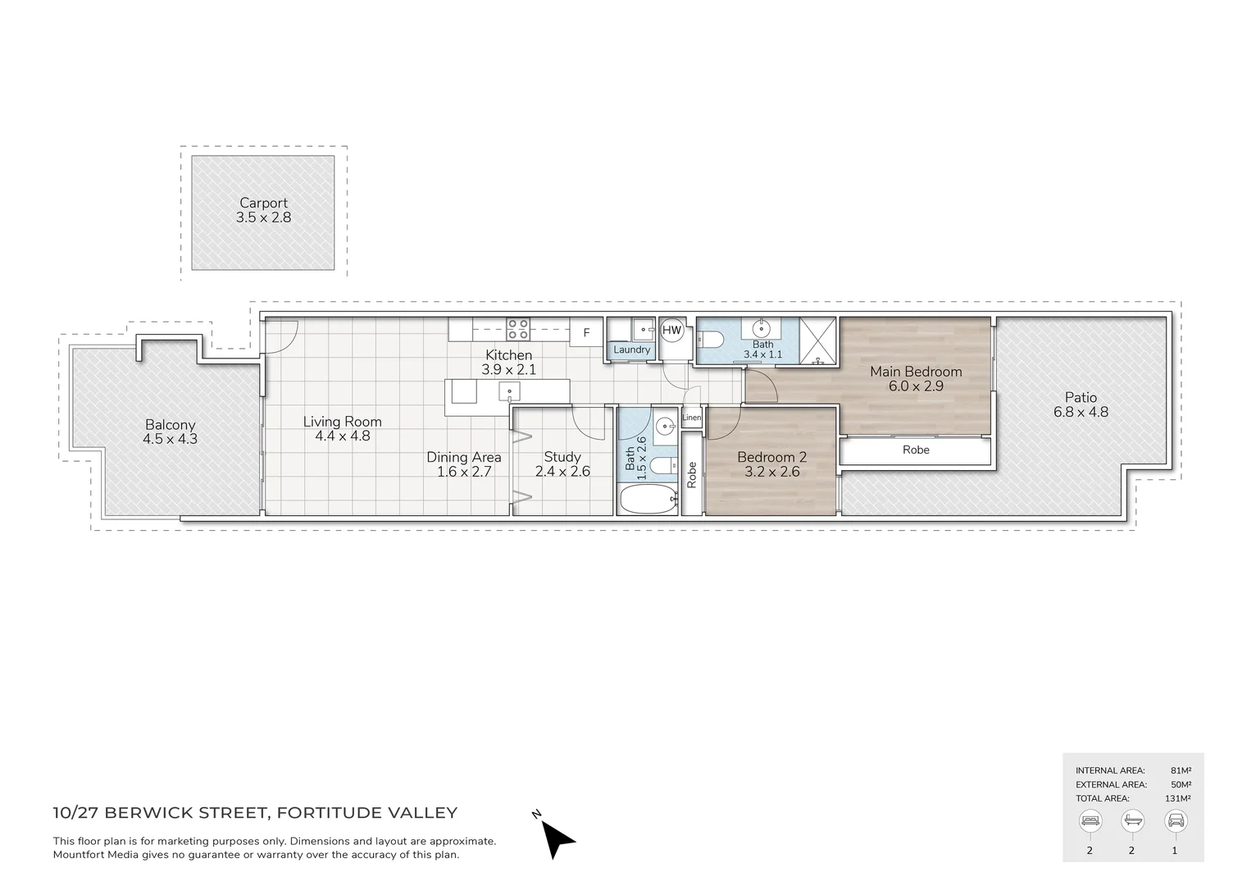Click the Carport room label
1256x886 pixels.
point(263,203)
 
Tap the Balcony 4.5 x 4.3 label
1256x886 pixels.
point(170,432)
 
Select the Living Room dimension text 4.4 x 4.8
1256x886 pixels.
point(342,436)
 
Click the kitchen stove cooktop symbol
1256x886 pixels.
point(517,329)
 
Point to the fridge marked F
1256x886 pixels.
point(586,332)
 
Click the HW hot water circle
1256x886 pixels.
point(671,331)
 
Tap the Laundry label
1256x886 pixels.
point(631,349)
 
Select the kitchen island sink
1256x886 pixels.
point(509,392)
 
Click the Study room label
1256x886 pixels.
point(562,457)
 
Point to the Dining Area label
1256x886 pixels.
point(463,457)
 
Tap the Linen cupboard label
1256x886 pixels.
point(691,418)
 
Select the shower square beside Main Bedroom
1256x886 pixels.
point(817,340)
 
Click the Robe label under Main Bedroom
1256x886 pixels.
point(916,450)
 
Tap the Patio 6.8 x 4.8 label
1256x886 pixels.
point(1081,404)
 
